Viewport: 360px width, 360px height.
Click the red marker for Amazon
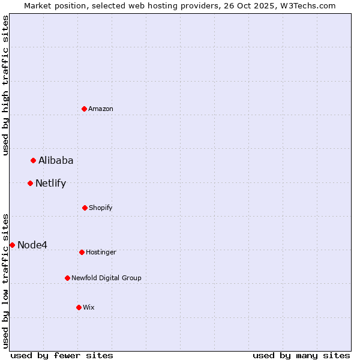pyautogui.click(x=85, y=109)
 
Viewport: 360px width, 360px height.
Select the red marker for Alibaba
pyautogui.click(x=34, y=160)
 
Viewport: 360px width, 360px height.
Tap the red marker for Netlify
pyautogui.click(x=31, y=183)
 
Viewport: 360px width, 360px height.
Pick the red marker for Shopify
pyautogui.click(x=85, y=208)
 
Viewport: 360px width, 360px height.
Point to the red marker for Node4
pyautogui.click(x=12, y=245)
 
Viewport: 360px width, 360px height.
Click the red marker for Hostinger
pyautogui.click(x=82, y=252)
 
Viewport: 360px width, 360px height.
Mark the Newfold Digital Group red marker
pyautogui.click(x=67, y=278)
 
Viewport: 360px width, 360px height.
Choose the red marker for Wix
pyautogui.click(x=79, y=307)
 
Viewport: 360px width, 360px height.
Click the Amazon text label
pyautogui.click(x=101, y=109)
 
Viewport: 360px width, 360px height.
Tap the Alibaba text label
pyautogui.click(x=56, y=160)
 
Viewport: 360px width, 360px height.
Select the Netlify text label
pyautogui.click(x=50, y=183)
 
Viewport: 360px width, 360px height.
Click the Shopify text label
pyautogui.click(x=101, y=208)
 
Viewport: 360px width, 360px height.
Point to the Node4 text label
pyautogui.click(x=32, y=245)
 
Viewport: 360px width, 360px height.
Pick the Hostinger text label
pyautogui.click(x=101, y=252)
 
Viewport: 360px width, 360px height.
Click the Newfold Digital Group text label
pyautogui.click(x=106, y=278)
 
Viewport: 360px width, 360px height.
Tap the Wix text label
pyautogui.click(x=89, y=307)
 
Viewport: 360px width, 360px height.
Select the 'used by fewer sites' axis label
pyautogui.click(x=62, y=355)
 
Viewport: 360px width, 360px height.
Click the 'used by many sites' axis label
pyautogui.click(x=301, y=355)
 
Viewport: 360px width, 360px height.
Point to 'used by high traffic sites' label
pyautogui.click(x=5, y=85)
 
